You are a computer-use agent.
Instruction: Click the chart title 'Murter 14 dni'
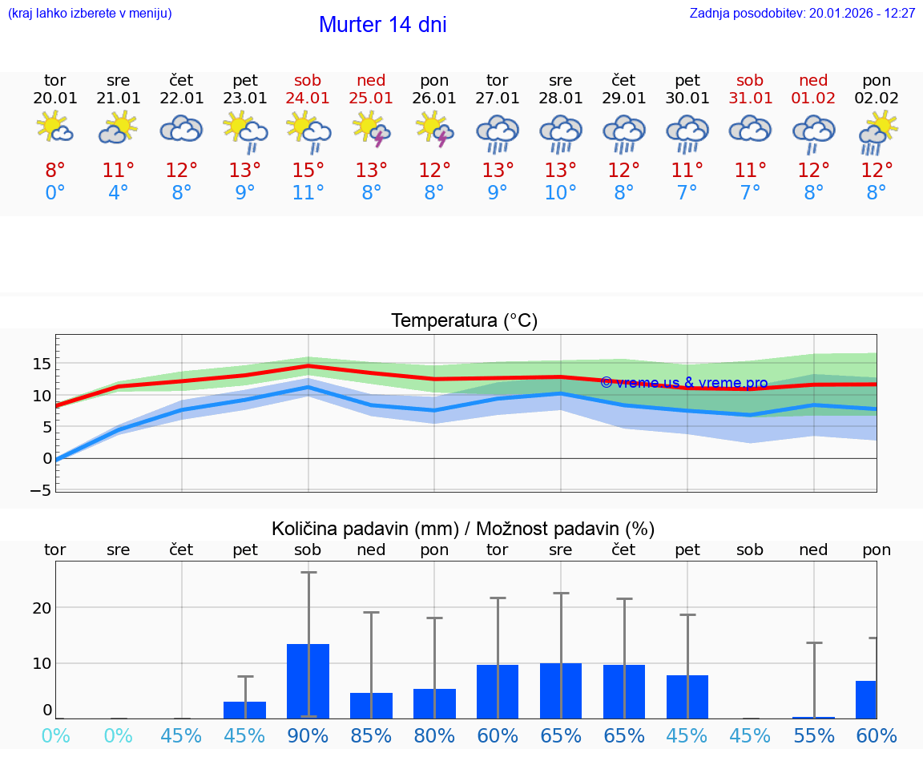[382, 25]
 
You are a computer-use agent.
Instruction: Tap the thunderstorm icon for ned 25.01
[371, 129]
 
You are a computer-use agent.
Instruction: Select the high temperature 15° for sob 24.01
[308, 170]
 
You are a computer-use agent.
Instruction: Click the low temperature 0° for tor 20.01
[55, 193]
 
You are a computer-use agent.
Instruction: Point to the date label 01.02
[813, 99]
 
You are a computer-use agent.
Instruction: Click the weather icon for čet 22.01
[181, 129]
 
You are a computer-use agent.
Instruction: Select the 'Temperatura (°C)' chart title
[464, 321]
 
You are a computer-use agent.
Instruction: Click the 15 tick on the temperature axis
[42, 364]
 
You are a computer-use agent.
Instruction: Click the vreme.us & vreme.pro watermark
[683, 383]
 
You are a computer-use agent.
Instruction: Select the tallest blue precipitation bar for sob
[308, 681]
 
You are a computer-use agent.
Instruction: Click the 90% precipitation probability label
[308, 736]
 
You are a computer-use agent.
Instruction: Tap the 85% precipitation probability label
[371, 736]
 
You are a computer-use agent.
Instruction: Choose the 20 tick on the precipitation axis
[42, 607]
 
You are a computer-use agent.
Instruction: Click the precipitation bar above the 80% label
[434, 703]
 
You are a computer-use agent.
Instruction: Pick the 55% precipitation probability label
[813, 736]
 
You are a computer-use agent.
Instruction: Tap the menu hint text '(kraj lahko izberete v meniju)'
[90, 14]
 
